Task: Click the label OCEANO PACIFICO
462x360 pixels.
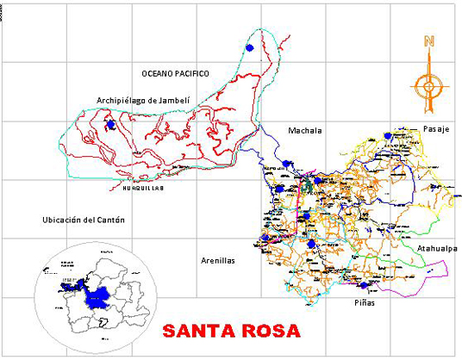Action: pos(176,73)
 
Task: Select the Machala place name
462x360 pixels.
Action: pos(304,131)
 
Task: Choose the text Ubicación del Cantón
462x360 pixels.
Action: pos(84,220)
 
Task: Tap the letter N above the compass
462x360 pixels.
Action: pos(428,41)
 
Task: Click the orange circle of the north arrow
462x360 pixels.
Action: pos(428,85)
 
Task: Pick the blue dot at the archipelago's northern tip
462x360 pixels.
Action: pos(250,48)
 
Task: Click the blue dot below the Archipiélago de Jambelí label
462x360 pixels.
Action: pos(110,126)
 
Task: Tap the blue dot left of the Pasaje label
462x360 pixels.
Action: pos(388,135)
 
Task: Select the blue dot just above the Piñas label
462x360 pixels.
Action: pos(364,285)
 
